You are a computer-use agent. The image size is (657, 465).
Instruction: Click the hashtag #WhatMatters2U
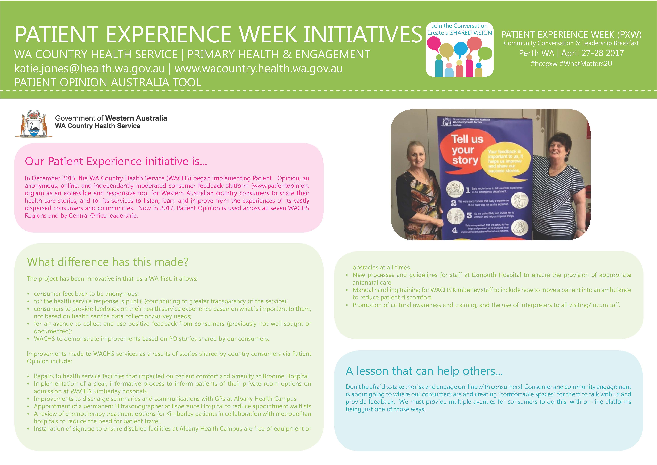point(586,64)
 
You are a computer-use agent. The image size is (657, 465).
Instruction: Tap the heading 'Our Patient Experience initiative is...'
point(116,162)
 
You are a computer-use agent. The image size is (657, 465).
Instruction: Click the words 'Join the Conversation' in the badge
point(459,26)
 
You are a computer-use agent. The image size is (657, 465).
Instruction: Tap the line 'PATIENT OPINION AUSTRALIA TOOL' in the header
point(108,83)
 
